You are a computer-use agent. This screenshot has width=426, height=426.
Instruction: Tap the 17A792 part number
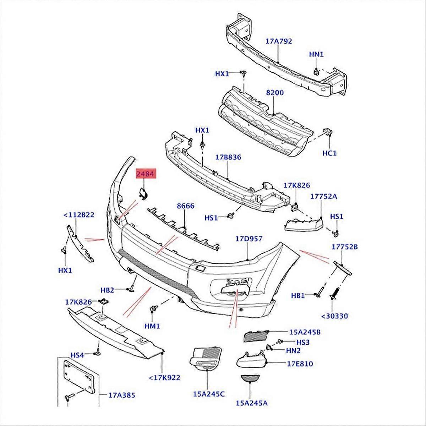point(279,41)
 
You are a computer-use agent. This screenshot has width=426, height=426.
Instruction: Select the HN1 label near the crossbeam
point(316,54)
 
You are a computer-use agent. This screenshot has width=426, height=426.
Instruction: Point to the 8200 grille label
point(275,93)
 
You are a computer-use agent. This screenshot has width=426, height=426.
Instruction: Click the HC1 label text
point(329,153)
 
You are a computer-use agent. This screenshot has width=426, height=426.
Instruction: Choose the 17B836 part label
point(228,157)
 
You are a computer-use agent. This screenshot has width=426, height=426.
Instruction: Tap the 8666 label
point(185,206)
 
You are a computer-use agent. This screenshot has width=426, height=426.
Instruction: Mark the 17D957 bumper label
point(249,239)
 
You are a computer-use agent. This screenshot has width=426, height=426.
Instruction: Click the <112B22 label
point(78,214)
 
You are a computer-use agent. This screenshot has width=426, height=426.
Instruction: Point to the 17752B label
point(345,247)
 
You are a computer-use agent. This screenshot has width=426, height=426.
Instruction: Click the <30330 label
point(335,316)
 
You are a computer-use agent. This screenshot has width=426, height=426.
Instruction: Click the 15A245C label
point(209,394)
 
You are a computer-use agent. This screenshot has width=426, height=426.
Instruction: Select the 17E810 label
point(300,364)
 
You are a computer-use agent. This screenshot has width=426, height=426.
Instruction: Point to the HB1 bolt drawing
point(319,295)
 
